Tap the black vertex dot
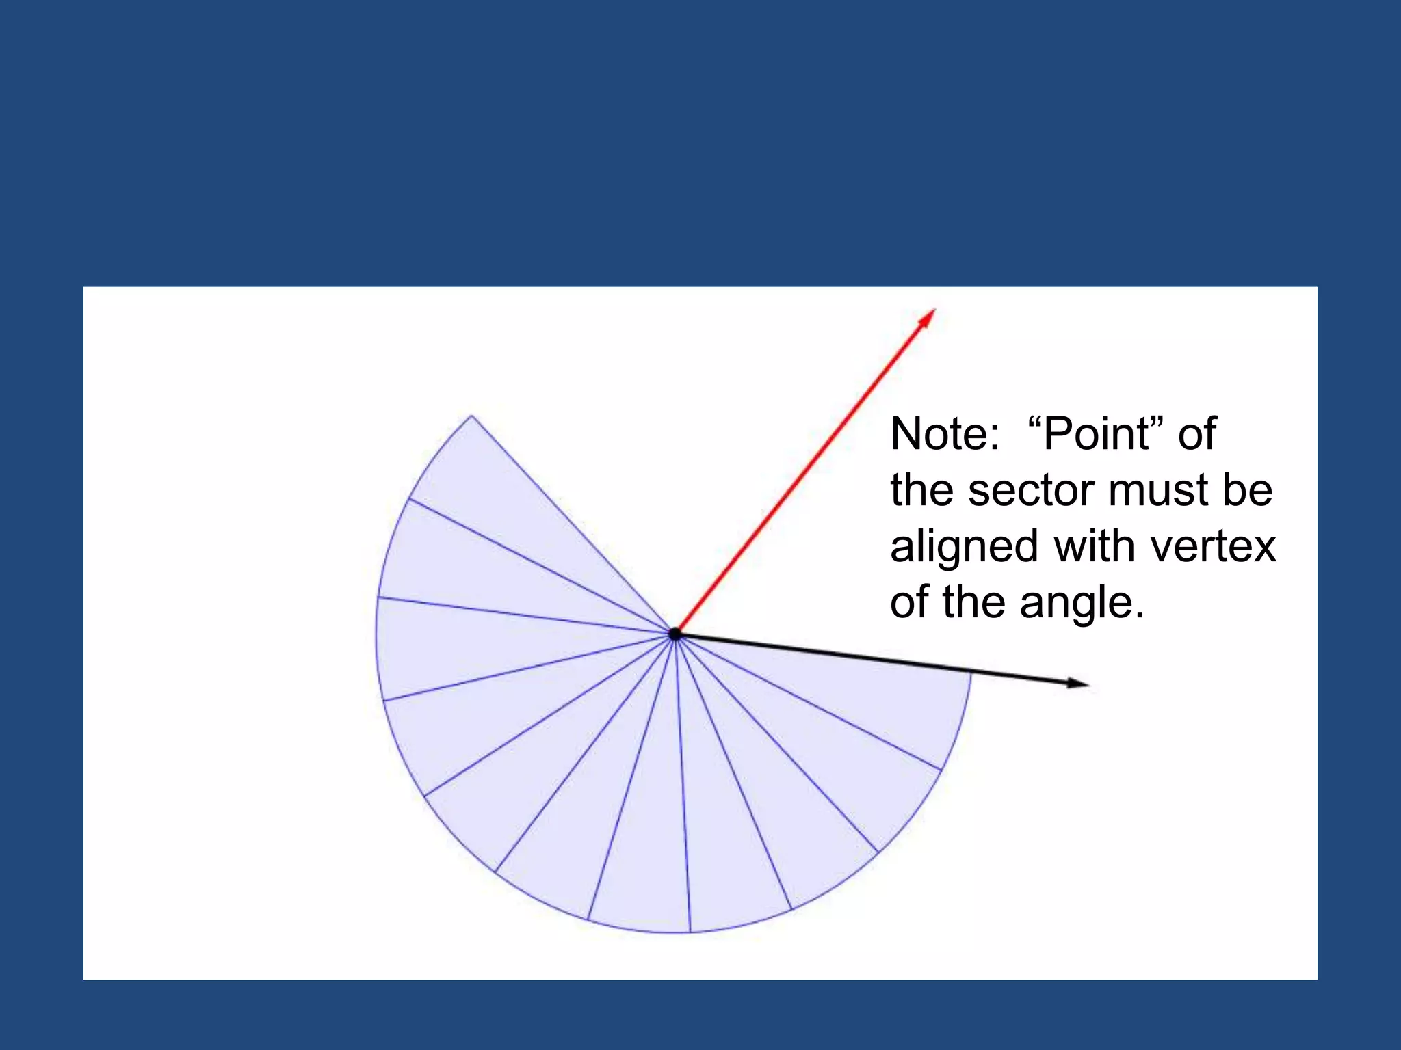675,634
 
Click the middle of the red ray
804,472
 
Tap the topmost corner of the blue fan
471,416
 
